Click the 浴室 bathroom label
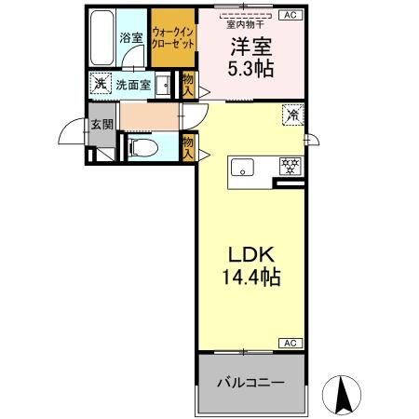(x=131, y=39)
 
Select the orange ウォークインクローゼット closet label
(x=173, y=38)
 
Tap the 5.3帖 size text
(x=250, y=69)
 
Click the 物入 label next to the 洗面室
(x=188, y=86)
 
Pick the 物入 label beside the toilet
(x=188, y=148)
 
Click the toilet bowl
(x=139, y=147)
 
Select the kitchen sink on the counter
(x=245, y=169)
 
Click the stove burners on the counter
(x=291, y=168)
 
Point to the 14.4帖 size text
(x=250, y=277)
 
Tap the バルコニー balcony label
(x=250, y=383)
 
